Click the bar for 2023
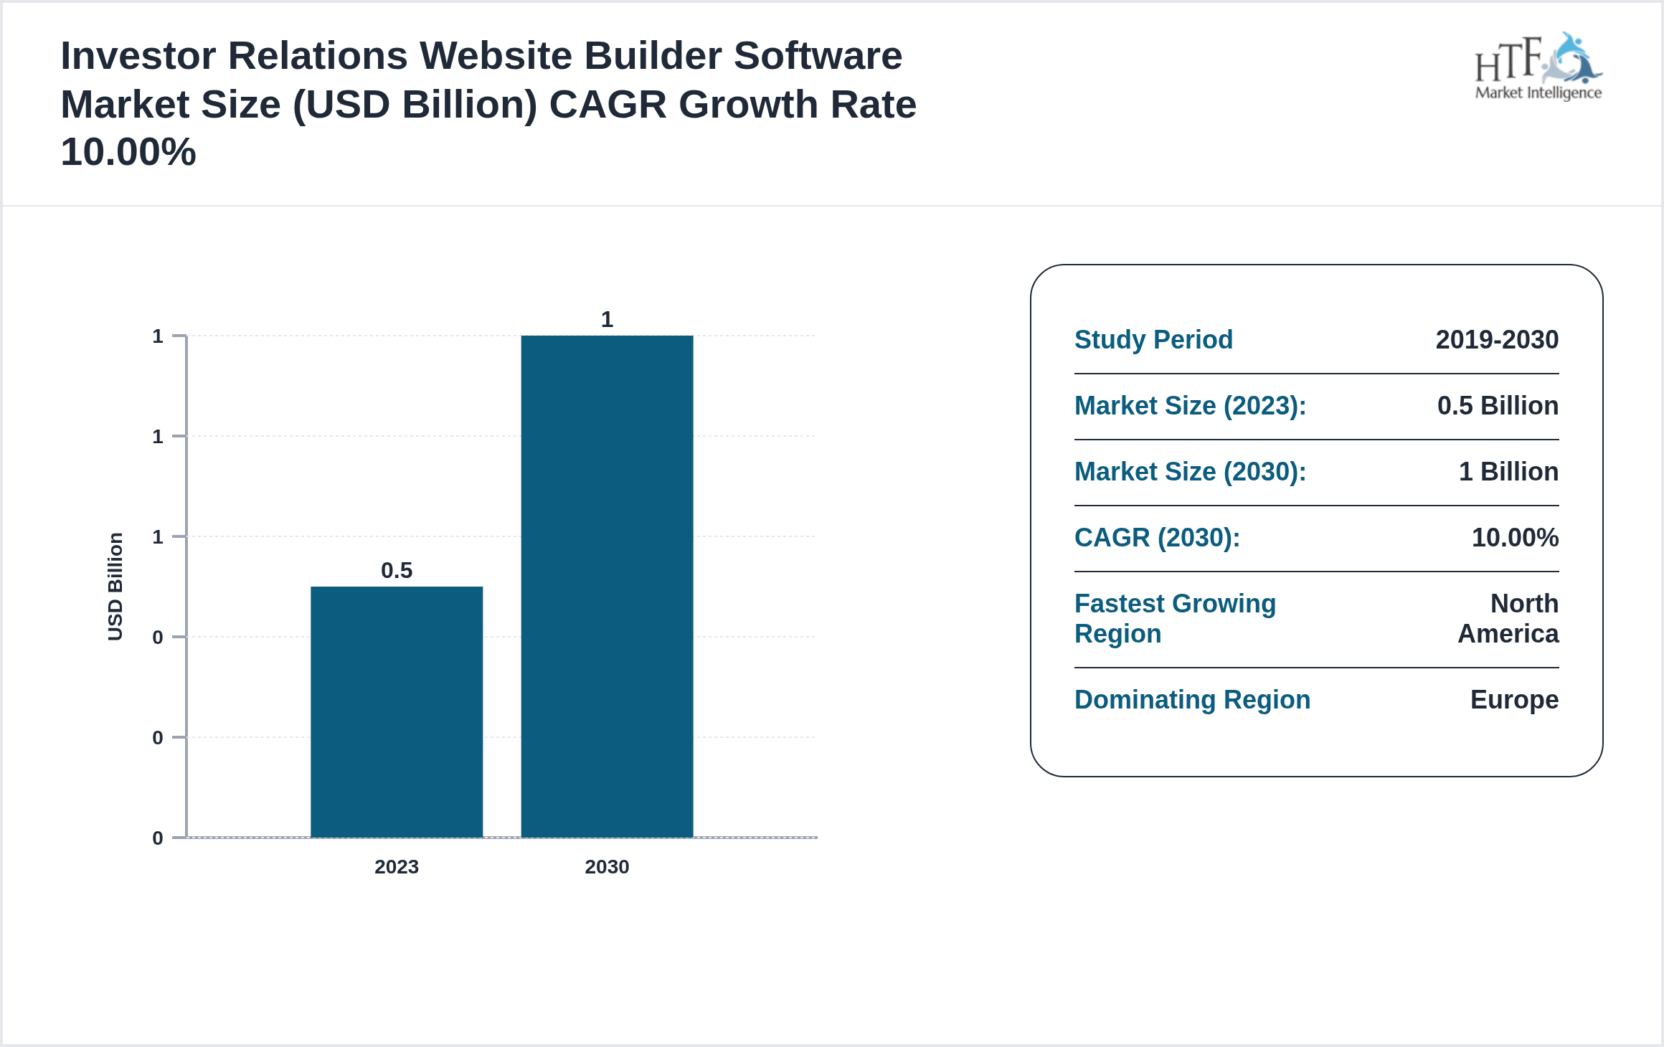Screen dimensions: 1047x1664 (397, 711)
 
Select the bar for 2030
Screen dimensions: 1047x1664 (607, 586)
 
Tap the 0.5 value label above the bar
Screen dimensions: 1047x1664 (397, 570)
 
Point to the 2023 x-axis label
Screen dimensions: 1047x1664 (397, 866)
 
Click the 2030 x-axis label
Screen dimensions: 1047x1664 (607, 866)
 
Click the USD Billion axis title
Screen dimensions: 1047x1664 (115, 586)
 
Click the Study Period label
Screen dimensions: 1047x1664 (1153, 339)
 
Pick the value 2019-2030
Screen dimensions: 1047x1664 (1497, 339)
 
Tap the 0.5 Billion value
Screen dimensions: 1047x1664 (1498, 405)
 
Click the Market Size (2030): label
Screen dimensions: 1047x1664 (1190, 471)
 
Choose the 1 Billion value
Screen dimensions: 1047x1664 (1508, 471)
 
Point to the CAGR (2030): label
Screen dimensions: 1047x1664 (1157, 537)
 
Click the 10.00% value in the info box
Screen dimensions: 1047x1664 (1515, 537)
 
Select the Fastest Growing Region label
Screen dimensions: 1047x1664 (1175, 618)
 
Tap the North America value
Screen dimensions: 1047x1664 (1509, 618)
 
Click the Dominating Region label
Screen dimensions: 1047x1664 (1192, 699)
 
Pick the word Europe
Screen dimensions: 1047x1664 (1514, 699)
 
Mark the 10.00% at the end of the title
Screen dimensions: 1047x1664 (128, 152)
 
